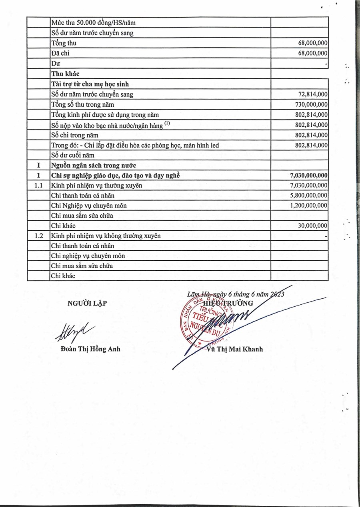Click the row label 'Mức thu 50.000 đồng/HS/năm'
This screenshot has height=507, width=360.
coord(93,23)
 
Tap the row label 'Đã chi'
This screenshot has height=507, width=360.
coord(59,53)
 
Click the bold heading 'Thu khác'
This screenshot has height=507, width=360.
coord(65,74)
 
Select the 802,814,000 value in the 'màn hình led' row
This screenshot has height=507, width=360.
coord(312,145)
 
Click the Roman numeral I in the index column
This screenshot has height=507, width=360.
coord(39,165)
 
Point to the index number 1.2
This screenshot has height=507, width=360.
coord(39,236)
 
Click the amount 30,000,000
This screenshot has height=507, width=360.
coord(313,226)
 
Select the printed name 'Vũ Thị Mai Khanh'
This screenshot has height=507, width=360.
coord(235,349)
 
